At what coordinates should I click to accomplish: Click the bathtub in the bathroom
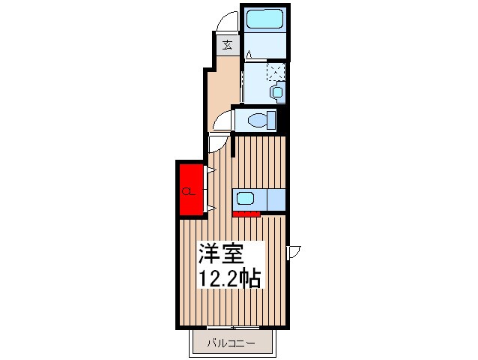click(264, 19)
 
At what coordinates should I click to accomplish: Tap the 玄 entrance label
click(227, 45)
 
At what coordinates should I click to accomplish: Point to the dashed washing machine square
click(276, 71)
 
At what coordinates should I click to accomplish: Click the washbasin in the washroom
click(278, 91)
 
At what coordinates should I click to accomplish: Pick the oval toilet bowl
click(257, 120)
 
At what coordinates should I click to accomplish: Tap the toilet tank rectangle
click(271, 120)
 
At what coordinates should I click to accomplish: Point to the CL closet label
click(188, 192)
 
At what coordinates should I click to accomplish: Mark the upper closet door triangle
click(212, 170)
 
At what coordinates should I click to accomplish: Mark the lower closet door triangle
click(212, 208)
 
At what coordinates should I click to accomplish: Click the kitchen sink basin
click(246, 199)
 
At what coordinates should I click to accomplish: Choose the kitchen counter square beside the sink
click(276, 199)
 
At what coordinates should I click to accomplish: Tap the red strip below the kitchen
click(246, 214)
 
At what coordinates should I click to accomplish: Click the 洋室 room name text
click(221, 253)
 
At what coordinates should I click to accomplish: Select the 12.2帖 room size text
click(230, 277)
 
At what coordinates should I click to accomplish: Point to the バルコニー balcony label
click(231, 343)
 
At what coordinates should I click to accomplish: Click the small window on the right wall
click(294, 252)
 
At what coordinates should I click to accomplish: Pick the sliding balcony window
click(233, 328)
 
